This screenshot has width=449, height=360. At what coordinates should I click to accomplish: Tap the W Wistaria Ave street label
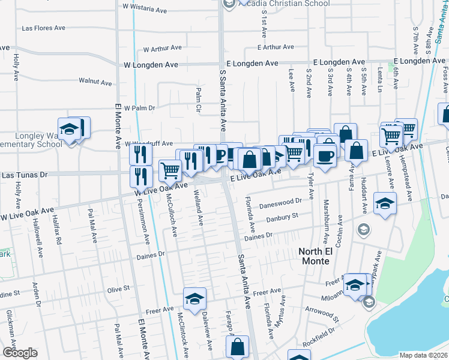145,10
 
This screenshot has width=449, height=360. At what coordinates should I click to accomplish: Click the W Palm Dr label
139,108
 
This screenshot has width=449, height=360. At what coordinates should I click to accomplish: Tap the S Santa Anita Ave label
223,100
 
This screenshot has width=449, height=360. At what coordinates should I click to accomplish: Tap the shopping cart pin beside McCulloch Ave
170,170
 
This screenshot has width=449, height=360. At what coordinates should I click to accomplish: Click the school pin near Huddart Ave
385,203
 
